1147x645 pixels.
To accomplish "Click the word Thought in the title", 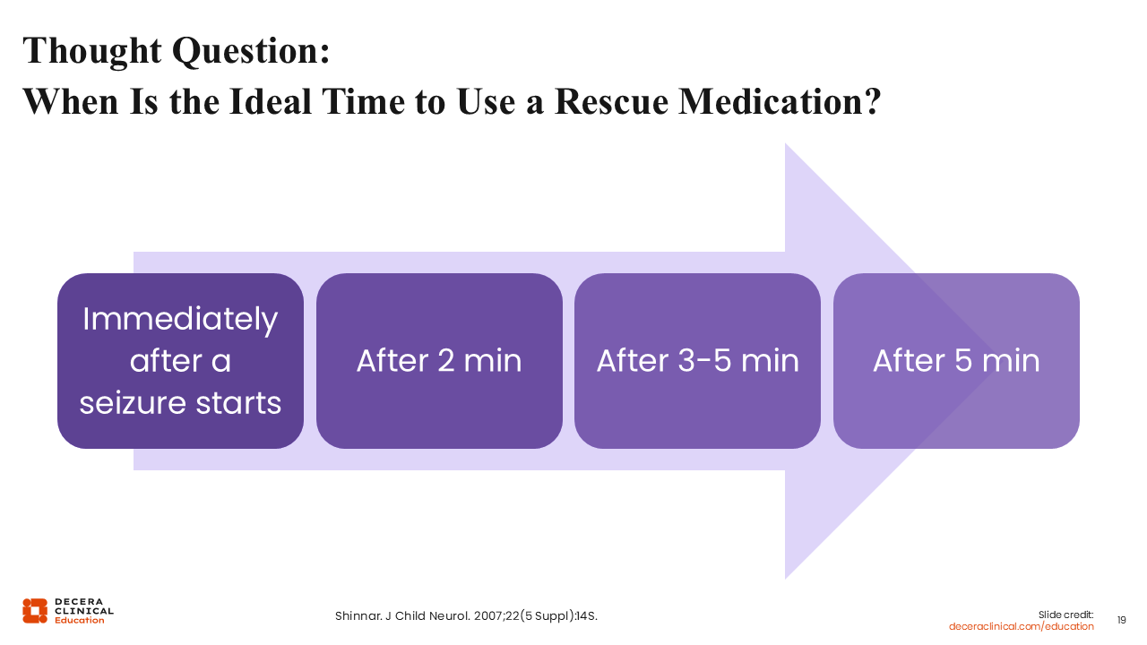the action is pos(92,52).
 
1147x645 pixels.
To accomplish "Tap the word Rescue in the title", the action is pos(611,101).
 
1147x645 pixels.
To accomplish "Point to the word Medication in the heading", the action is pos(772,101).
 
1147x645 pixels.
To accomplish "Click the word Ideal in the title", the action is pos(271,101).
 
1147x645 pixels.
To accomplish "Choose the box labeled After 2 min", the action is pos(439,361).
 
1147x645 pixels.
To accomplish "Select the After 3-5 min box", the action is pos(697,361).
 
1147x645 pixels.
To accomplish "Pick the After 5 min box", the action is pos(956,361).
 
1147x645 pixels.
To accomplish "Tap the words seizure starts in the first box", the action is pos(180,403).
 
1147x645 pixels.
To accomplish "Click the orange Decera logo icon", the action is pos(35,611).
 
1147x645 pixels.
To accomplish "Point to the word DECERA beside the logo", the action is pos(79,601).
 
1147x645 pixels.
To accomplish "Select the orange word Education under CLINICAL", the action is pos(80,621).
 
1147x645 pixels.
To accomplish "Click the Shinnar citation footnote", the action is pos(466,615).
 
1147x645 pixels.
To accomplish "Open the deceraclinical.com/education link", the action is pos(1021,626).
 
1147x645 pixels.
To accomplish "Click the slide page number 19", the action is pos(1121,621).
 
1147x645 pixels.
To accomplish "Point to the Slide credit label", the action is pos(1065,615).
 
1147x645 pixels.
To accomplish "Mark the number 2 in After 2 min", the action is pos(446,361).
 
